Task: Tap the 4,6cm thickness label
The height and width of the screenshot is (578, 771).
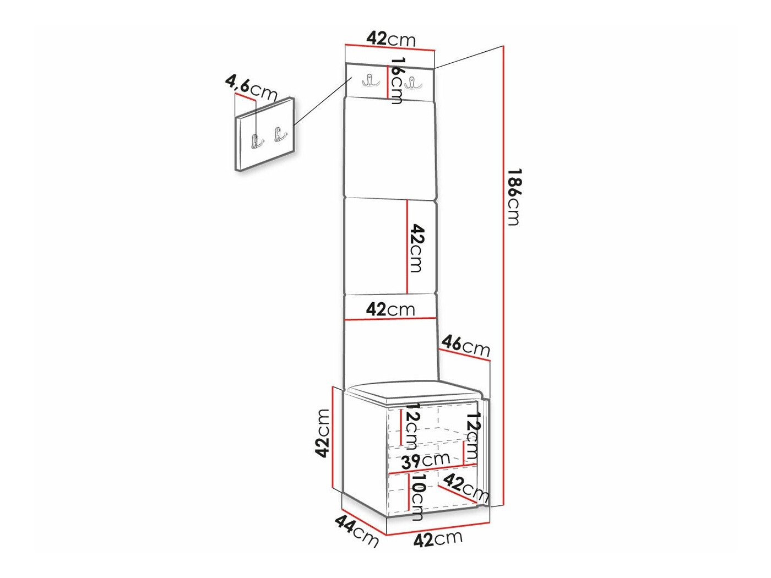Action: [251, 88]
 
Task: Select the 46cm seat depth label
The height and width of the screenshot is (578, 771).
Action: [465, 345]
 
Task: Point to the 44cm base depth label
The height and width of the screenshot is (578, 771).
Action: [357, 530]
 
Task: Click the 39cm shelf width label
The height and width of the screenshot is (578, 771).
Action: [425, 460]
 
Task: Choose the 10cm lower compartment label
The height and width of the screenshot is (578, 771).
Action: [417, 498]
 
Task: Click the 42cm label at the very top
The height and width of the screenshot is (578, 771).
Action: [391, 39]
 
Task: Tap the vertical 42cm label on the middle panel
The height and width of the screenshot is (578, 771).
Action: [416, 248]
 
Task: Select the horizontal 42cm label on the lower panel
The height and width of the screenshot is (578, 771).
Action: [390, 309]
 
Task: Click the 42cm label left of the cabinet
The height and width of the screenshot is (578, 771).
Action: [323, 433]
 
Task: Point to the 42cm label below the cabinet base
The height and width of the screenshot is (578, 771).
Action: [438, 539]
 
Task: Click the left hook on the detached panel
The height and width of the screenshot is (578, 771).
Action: [257, 140]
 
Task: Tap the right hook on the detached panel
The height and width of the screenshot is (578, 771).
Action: [280, 134]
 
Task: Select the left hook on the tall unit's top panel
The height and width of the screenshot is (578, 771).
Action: [370, 81]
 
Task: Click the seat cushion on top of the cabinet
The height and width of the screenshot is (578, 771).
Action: [414, 391]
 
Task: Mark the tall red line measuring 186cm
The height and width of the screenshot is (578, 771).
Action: [503, 275]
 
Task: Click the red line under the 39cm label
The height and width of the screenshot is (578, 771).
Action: [432, 469]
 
